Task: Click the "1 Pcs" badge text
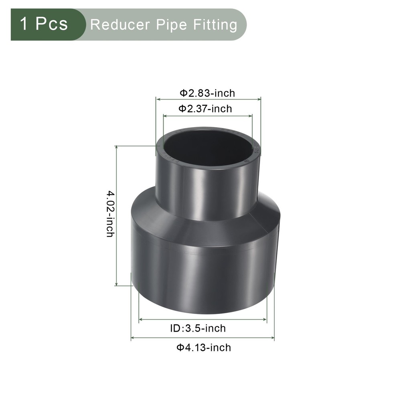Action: coord(44,24)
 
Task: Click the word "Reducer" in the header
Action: coord(114,25)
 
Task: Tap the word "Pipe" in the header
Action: coord(163,25)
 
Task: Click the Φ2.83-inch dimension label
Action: coord(207,93)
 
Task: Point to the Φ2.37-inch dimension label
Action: coord(205,108)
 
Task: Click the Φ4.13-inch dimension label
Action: coord(204,347)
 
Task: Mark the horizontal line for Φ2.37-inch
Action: coord(208,116)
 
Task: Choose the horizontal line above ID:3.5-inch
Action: coord(203,320)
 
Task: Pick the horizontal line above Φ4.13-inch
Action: coord(203,338)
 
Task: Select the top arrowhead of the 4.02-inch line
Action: coord(116,148)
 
